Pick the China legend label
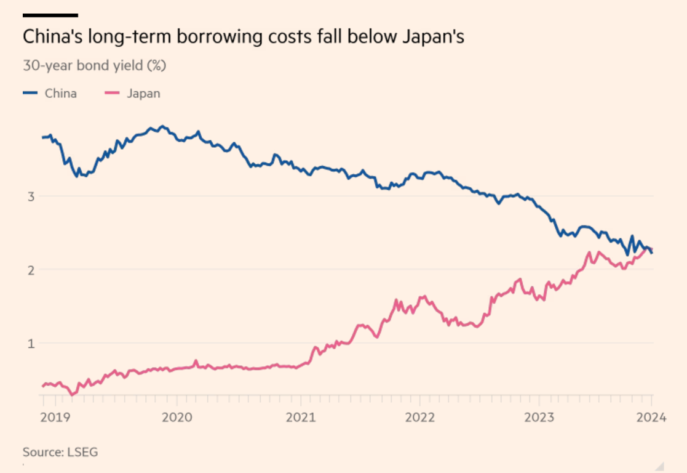coord(60,94)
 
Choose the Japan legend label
coord(143,94)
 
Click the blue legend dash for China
coord(31,94)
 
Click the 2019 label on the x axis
coord(55,418)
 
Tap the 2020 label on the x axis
coord(177,418)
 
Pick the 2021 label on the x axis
coord(300,418)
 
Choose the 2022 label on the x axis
coord(421,418)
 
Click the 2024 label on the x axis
coord(651,418)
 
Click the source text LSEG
coord(82,452)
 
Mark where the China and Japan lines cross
coord(649,249)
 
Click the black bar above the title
coord(50,15)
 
